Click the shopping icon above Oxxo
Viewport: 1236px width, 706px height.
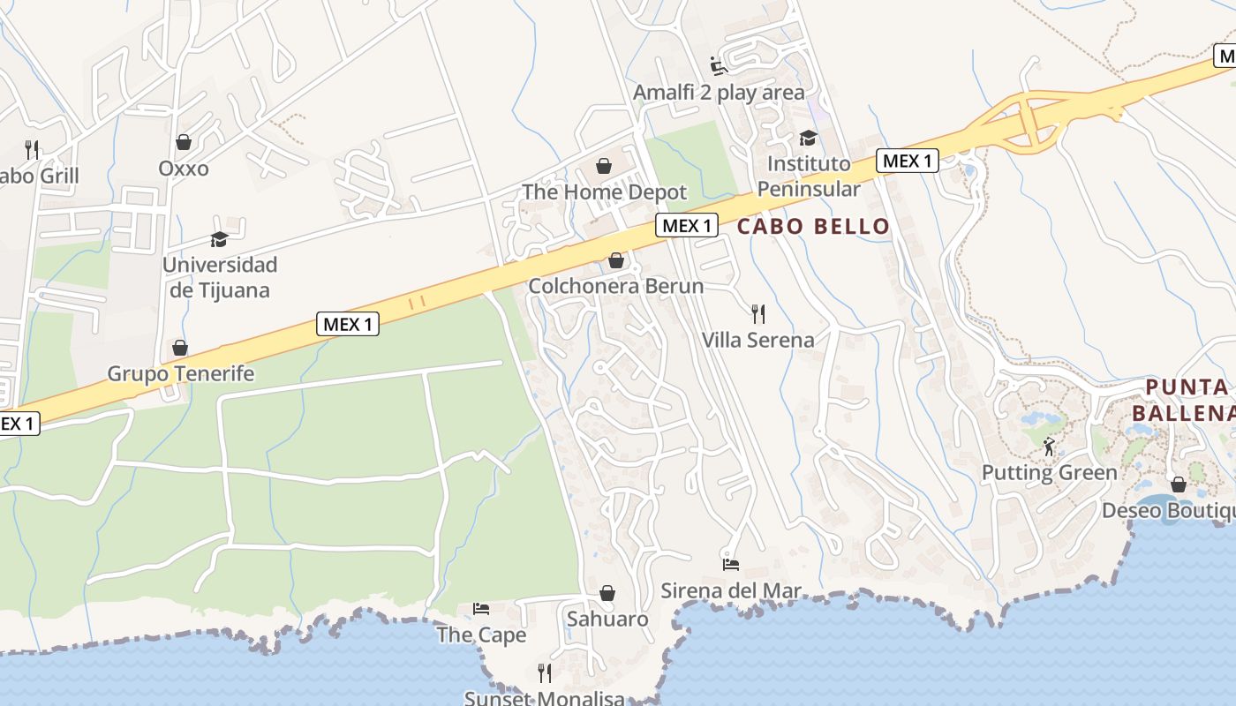coord(184,142)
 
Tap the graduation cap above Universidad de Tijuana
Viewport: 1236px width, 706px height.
coord(219,239)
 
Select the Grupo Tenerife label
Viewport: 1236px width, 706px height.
coord(180,373)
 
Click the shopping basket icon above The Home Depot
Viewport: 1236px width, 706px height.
coord(604,166)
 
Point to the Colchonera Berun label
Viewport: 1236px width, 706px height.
coord(615,286)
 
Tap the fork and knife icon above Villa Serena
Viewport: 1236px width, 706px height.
coord(757,313)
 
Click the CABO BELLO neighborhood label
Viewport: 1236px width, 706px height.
coord(813,226)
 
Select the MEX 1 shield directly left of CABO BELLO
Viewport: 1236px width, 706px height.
coord(687,225)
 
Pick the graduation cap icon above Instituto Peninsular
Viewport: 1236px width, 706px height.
coord(808,138)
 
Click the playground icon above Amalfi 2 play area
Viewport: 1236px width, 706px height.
coord(719,66)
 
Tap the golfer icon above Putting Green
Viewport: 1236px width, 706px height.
coord(1049,447)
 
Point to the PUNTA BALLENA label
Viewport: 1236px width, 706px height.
coord(1187,400)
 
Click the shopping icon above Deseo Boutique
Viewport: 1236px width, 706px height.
coord(1178,484)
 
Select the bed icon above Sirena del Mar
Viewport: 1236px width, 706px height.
coord(731,565)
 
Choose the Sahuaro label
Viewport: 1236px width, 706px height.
coord(607,619)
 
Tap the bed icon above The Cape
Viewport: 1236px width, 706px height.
coord(481,609)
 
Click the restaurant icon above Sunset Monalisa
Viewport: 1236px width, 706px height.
coord(545,672)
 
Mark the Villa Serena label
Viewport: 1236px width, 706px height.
coord(757,340)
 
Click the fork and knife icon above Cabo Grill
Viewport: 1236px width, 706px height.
coord(33,149)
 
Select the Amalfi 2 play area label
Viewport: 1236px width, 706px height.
coord(719,93)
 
